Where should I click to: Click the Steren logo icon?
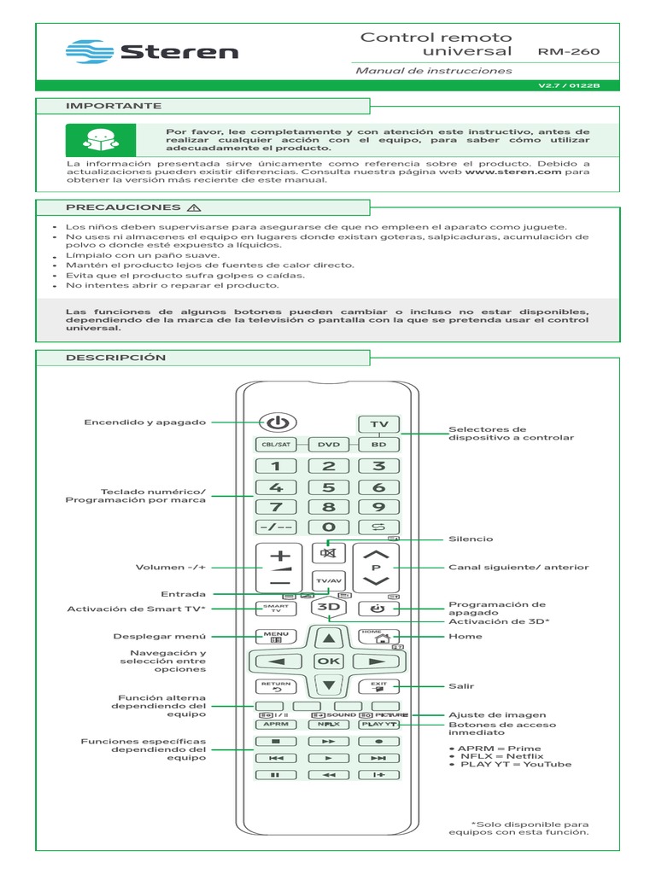point(88,51)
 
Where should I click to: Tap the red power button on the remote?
point(276,422)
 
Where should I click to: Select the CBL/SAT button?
point(275,445)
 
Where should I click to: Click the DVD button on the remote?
point(329,445)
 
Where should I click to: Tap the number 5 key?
point(329,487)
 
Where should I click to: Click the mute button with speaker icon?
point(329,551)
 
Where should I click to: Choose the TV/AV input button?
point(329,580)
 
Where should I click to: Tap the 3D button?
point(329,608)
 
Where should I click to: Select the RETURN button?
point(275,685)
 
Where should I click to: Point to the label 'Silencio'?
point(471,539)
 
